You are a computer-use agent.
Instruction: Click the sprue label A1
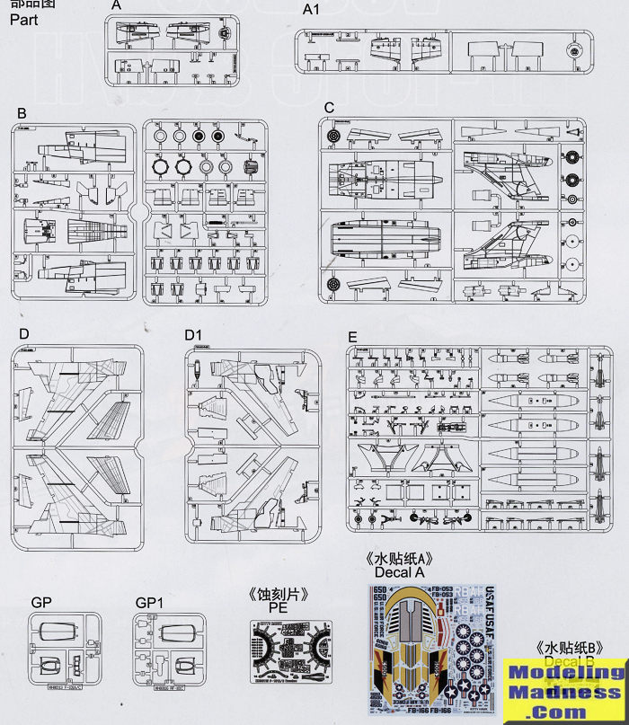click(x=311, y=10)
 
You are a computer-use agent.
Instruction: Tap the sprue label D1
click(x=192, y=335)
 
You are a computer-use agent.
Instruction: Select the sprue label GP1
click(x=146, y=602)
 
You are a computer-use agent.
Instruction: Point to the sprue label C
click(x=329, y=108)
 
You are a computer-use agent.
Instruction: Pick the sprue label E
click(x=352, y=337)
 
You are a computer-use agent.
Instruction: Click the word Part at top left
click(x=24, y=19)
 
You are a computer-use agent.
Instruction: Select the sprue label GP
click(x=41, y=602)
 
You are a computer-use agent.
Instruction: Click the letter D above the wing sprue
click(x=24, y=334)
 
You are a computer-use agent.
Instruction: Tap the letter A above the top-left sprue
click(x=116, y=5)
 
